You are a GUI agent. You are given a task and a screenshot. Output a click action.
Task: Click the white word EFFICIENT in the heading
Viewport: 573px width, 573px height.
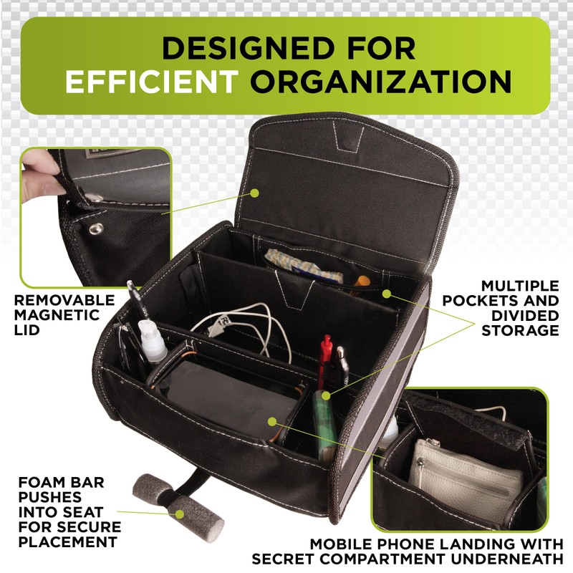click(150, 82)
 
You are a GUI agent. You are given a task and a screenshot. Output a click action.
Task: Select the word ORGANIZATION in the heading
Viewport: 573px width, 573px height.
click(381, 82)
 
